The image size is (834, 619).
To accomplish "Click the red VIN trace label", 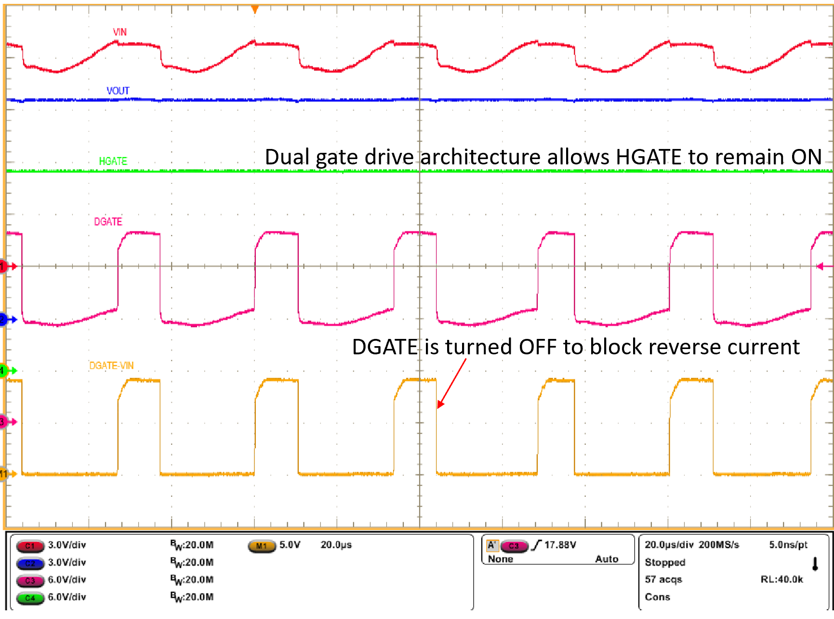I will pyautogui.click(x=119, y=32).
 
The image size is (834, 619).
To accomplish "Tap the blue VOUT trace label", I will pyautogui.click(x=118, y=91).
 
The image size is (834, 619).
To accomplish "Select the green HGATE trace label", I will pyautogui.click(x=113, y=161).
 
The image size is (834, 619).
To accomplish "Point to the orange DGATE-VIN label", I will pyautogui.click(x=111, y=365).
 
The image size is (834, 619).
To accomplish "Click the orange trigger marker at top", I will pyautogui.click(x=255, y=9).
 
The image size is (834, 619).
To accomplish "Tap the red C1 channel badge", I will pyautogui.click(x=30, y=546).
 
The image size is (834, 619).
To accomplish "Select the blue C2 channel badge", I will pyautogui.click(x=30, y=563).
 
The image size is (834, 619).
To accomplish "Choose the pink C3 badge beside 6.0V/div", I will pyautogui.click(x=30, y=580).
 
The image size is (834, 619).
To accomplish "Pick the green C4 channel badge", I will pyautogui.click(x=30, y=598).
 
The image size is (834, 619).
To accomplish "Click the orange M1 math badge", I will pyautogui.click(x=261, y=546).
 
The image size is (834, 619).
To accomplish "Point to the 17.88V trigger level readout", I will pyautogui.click(x=560, y=545).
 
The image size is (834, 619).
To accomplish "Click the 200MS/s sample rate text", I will pyautogui.click(x=719, y=545).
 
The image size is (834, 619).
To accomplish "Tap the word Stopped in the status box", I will pyautogui.click(x=665, y=562).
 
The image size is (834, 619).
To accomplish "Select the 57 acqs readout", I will pyautogui.click(x=663, y=579).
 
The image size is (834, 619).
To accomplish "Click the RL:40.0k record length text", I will pyautogui.click(x=781, y=579).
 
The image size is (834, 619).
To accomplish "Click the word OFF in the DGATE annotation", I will pyautogui.click(x=537, y=347).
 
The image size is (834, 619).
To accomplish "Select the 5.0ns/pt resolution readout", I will pyautogui.click(x=788, y=545).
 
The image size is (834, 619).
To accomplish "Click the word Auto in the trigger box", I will pyautogui.click(x=607, y=559).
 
